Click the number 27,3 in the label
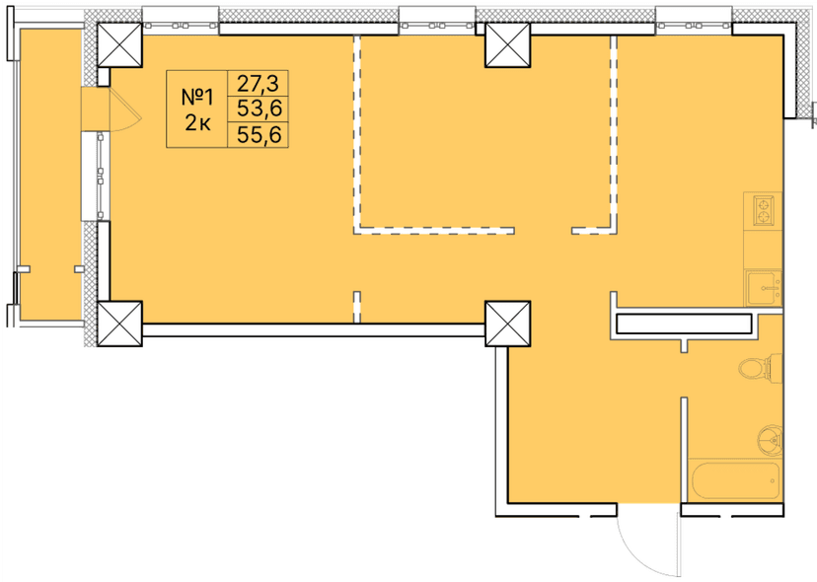click(259, 83)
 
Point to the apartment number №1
click(197, 97)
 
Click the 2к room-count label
click(197, 122)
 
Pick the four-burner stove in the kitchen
click(764, 209)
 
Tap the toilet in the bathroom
click(755, 369)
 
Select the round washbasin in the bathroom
click(770, 436)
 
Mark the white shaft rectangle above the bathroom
click(684, 324)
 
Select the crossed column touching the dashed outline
click(507, 44)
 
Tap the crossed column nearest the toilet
click(507, 324)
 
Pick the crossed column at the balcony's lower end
click(120, 324)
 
